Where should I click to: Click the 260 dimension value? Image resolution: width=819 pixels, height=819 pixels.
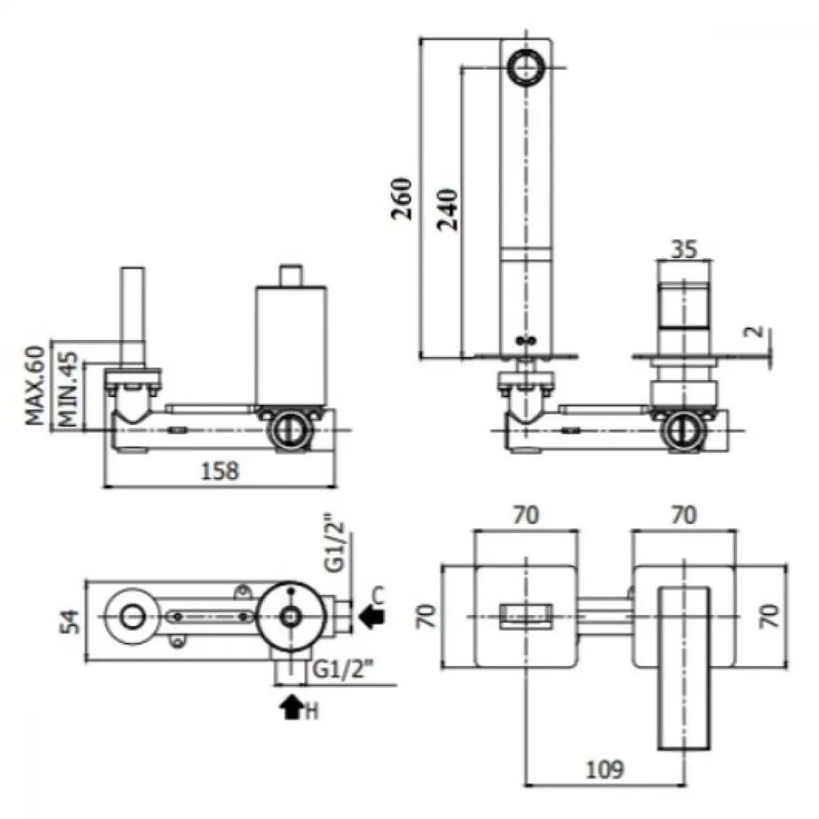click(401, 198)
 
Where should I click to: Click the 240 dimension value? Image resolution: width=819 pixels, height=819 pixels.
click(448, 210)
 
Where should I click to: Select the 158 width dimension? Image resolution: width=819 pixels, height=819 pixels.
click(219, 471)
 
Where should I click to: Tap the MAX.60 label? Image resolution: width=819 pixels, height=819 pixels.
click(35, 385)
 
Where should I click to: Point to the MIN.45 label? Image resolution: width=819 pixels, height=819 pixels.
click(68, 389)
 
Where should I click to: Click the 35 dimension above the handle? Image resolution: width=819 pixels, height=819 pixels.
click(684, 249)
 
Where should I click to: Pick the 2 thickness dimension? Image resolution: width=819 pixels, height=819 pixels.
click(755, 331)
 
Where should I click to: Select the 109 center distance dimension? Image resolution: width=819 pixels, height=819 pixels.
click(605, 769)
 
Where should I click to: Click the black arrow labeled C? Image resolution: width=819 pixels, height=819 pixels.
click(372, 617)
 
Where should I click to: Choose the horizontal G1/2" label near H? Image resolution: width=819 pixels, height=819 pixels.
click(343, 669)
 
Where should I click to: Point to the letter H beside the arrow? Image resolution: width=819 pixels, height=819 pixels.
click(311, 712)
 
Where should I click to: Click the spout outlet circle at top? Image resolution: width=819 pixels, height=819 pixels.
click(527, 66)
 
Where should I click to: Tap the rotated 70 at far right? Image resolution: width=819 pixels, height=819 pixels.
click(770, 616)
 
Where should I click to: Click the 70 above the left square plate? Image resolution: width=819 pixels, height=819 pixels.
click(526, 515)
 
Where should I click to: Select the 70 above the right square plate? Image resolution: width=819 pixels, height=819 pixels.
click(684, 515)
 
